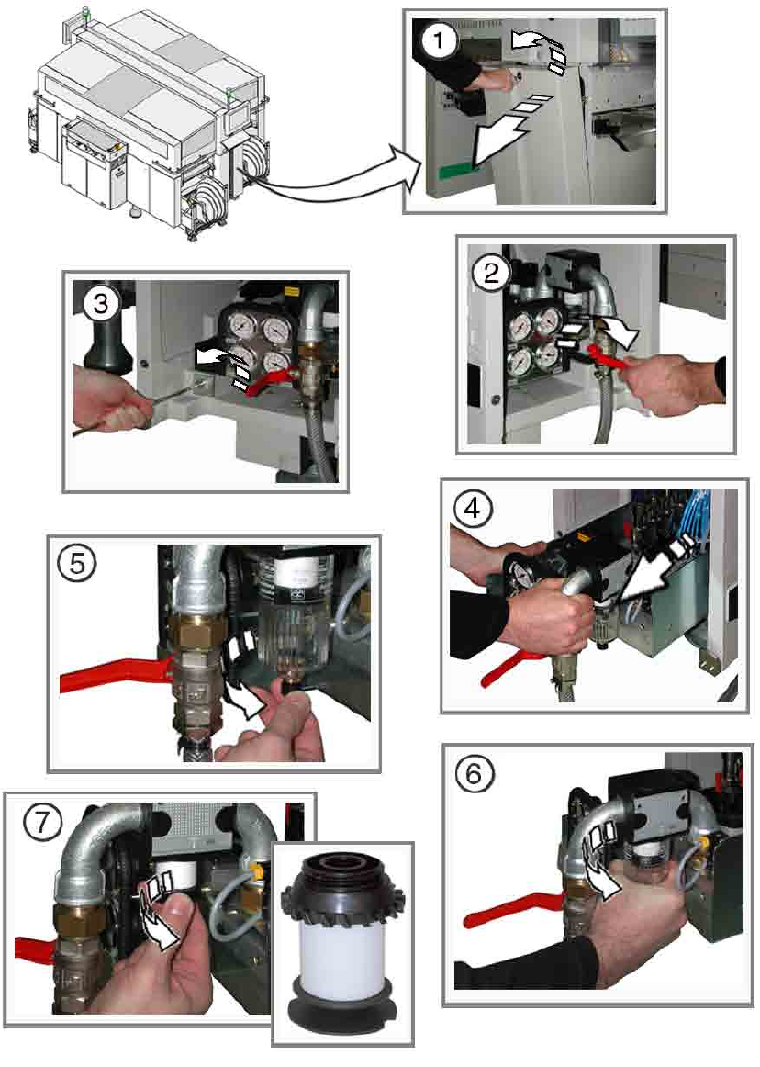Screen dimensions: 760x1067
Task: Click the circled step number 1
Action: tap(438, 40)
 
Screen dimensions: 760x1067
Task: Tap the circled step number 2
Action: tap(491, 274)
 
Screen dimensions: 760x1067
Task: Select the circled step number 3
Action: tap(101, 304)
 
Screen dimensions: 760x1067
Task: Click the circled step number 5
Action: tap(77, 564)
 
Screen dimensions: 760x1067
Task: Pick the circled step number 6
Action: tap(474, 774)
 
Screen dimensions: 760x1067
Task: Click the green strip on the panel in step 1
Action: tap(455, 170)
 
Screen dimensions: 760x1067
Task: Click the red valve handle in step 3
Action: tap(272, 380)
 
